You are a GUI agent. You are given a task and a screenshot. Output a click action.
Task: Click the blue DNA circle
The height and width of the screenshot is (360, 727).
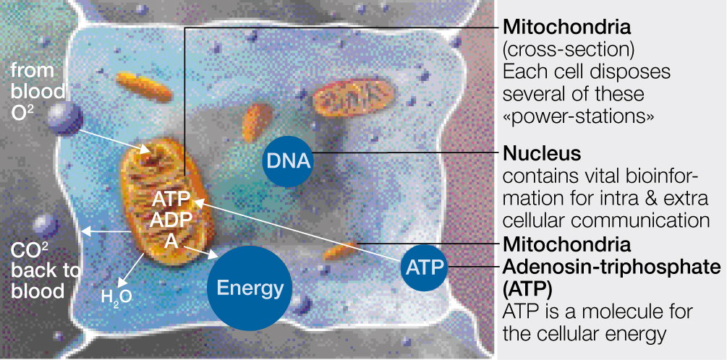[287, 160]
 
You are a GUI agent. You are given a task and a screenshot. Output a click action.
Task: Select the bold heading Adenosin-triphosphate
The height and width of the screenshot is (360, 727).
[611, 267]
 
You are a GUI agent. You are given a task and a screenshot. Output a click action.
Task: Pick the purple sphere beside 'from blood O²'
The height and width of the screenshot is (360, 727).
[66, 117]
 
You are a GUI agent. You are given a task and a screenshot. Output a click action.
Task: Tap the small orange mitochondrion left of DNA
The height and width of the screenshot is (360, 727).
[256, 121]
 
